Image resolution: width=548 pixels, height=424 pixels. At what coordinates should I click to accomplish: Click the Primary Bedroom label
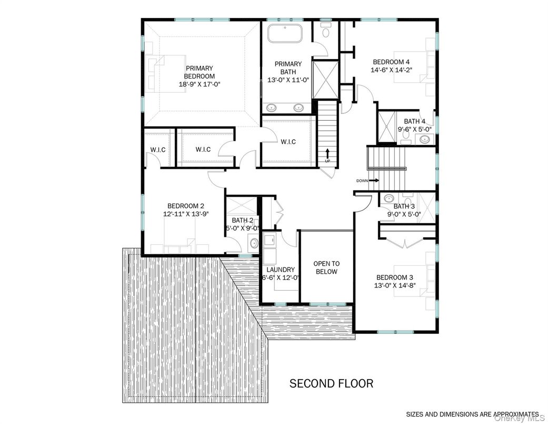click(199, 72)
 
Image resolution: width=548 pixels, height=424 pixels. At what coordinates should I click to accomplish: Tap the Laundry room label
click(280, 269)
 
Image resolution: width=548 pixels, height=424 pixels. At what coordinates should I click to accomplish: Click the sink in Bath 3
click(388, 199)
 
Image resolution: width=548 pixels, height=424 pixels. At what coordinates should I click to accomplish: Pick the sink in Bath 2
click(253, 243)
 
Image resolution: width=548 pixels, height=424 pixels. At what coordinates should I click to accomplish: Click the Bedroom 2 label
click(185, 206)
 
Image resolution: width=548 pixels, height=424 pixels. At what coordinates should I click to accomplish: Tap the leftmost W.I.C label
click(158, 150)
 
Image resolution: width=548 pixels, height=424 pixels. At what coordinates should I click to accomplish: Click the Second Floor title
click(331, 383)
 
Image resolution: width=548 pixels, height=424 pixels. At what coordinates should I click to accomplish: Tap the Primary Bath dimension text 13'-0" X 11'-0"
click(284, 80)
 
